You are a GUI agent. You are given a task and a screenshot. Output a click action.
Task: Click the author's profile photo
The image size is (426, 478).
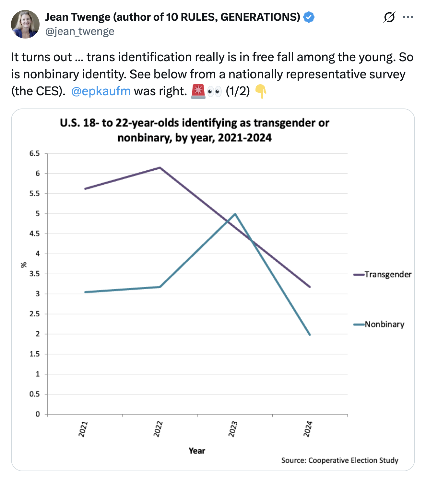tap(25, 24)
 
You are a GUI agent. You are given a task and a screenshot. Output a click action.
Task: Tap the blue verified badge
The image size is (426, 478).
tap(309, 17)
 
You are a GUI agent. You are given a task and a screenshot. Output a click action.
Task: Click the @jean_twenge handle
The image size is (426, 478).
tap(80, 32)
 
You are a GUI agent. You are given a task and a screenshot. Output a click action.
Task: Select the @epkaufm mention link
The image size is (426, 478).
tap(101, 91)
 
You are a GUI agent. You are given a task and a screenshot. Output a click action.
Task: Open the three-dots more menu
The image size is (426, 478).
tap(408, 17)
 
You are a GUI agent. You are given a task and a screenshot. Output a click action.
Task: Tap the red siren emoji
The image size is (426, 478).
tap(198, 91)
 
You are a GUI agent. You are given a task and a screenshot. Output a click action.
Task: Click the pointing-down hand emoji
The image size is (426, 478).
tap(260, 91)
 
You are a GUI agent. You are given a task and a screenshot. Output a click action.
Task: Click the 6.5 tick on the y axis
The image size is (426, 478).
tap(35, 154)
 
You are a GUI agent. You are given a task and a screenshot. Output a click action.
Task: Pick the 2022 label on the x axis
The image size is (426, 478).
tap(158, 429)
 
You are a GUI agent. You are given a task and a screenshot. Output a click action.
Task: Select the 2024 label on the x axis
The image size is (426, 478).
tap(308, 429)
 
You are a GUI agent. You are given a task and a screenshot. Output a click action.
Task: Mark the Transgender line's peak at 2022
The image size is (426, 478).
tap(160, 168)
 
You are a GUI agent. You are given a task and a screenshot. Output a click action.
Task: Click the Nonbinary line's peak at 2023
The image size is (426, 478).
tap(235, 214)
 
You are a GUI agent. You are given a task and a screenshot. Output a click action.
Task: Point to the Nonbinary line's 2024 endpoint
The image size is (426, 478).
tap(310, 335)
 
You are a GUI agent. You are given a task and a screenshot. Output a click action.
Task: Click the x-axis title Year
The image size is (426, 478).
tap(197, 451)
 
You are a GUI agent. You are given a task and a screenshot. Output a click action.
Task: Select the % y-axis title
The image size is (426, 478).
tap(23, 265)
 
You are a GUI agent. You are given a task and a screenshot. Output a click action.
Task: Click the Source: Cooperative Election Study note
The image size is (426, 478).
tap(339, 460)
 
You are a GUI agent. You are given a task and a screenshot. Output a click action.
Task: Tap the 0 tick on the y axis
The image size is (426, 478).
tap(38, 414)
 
